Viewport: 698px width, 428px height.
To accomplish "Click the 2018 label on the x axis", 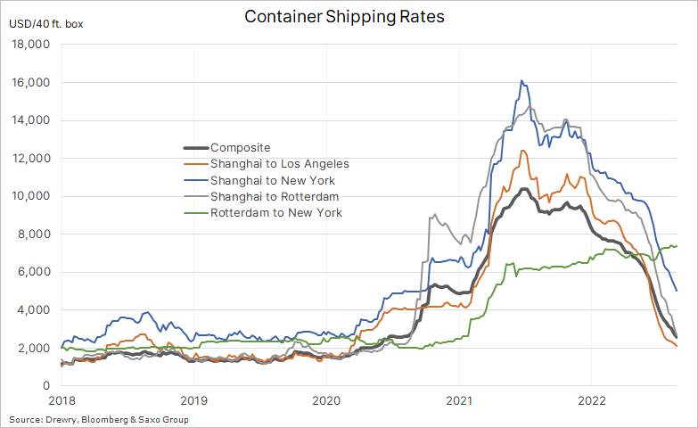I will tap(62, 401).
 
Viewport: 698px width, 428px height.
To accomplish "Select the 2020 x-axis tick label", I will tap(326, 401).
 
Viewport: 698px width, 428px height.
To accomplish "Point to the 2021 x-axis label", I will tap(459, 401).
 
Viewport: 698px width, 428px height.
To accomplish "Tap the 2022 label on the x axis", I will tap(592, 401).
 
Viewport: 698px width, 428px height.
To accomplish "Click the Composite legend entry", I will tap(240, 147).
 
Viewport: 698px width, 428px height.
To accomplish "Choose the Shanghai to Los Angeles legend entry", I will tap(279, 164).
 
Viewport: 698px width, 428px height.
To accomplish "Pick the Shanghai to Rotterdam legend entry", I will tap(274, 196).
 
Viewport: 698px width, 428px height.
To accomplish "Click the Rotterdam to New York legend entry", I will tap(275, 213).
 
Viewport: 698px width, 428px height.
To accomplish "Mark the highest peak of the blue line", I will tap(521, 81).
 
